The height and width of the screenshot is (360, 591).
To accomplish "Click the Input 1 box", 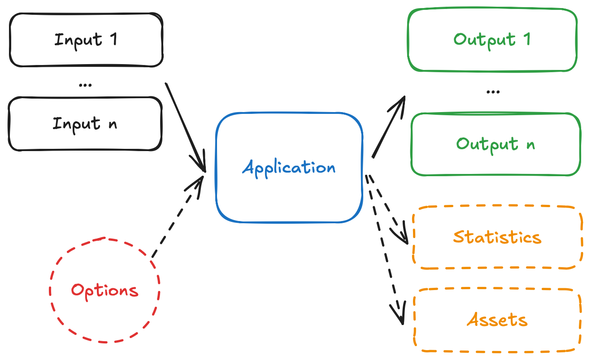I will click(x=85, y=39).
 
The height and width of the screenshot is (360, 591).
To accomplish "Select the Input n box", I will click(x=85, y=124).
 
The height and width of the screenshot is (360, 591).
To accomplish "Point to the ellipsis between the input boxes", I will click(x=85, y=84).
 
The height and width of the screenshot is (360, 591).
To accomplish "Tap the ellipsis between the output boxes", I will click(x=493, y=91).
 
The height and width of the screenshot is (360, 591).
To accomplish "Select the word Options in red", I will click(x=104, y=291).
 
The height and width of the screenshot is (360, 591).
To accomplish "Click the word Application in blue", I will click(x=289, y=168).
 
